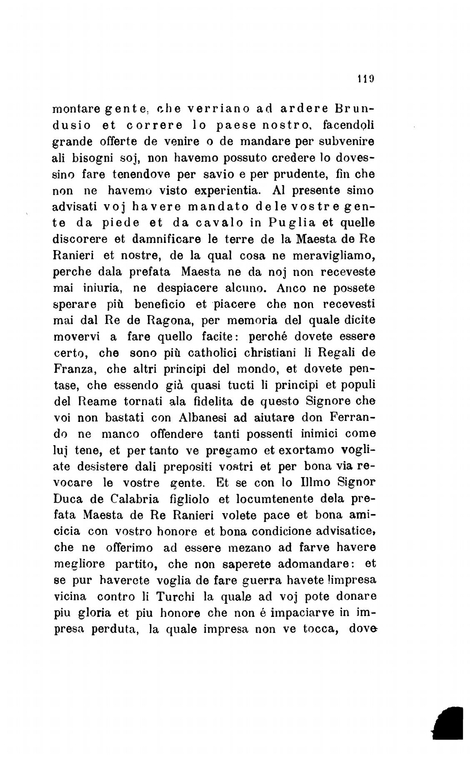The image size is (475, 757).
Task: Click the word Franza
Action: click(x=75, y=369)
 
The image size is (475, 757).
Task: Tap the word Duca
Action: click(x=69, y=499)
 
